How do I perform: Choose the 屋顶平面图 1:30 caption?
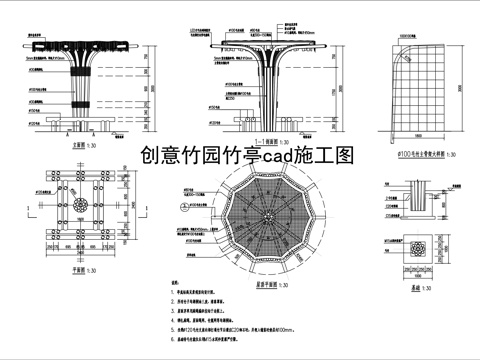[263, 283]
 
